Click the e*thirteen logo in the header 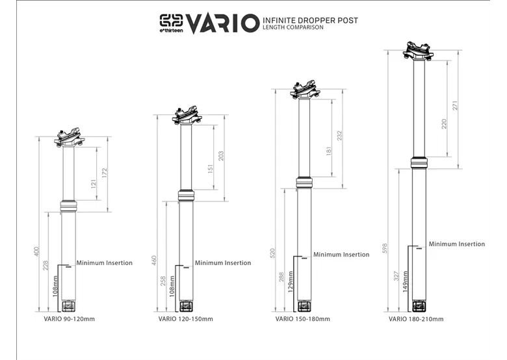tap(172, 23)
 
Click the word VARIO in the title tap(222, 23)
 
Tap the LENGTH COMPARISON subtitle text tap(293, 27)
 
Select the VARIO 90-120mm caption tap(69, 319)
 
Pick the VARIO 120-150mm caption tap(186, 319)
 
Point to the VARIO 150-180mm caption tap(303, 319)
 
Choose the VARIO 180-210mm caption tap(416, 319)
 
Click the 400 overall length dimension tap(36, 251)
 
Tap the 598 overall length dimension tap(385, 248)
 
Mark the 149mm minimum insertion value tap(405, 282)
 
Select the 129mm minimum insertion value tap(291, 282)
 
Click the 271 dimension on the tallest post tap(455, 106)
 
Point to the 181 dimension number tap(329, 151)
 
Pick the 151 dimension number tap(211, 169)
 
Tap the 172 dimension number tap(104, 173)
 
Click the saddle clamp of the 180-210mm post tap(418, 51)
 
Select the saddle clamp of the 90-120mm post tap(69, 137)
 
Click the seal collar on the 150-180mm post tap(304, 183)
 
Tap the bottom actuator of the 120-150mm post tap(186, 305)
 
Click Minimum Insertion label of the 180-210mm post tap(457, 244)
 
